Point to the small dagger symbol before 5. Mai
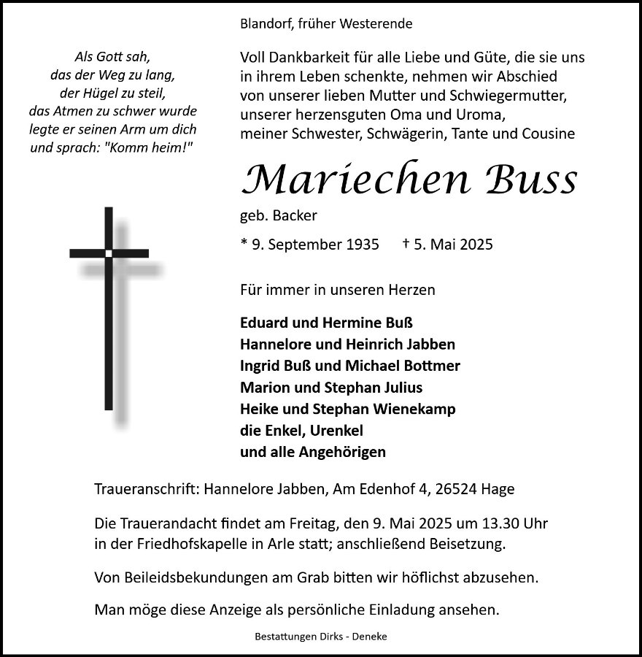point(406,244)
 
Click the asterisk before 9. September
point(244,243)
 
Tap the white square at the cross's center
point(109,253)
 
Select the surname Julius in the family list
point(399,387)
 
